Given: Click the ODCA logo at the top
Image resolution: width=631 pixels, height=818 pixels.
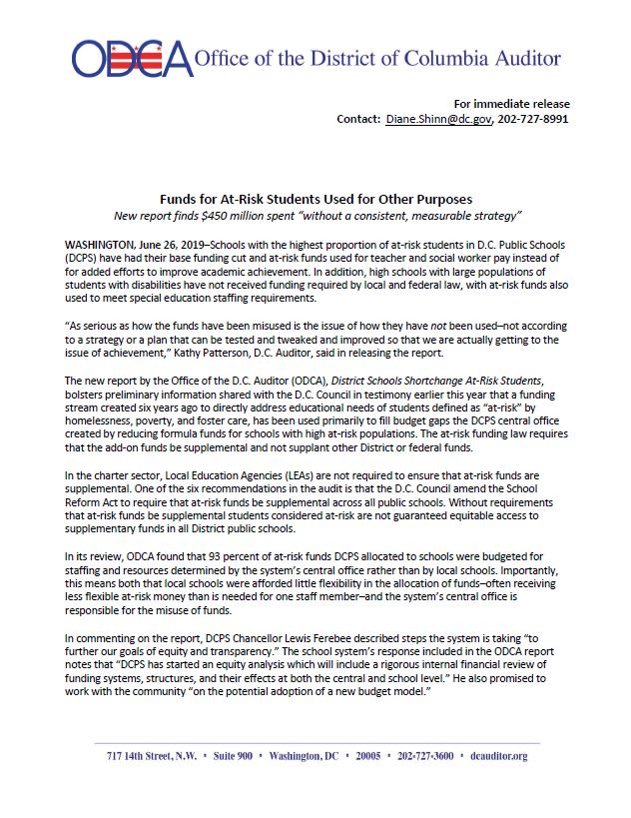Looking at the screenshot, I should click(x=131, y=59).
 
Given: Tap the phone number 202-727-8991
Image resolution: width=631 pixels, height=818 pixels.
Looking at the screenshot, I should click(x=534, y=119).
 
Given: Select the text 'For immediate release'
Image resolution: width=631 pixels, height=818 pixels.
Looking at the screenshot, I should click(x=512, y=104).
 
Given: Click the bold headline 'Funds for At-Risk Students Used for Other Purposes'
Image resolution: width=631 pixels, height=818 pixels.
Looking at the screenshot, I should click(x=315, y=200).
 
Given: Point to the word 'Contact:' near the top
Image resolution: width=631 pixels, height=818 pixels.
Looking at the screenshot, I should click(x=357, y=119).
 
